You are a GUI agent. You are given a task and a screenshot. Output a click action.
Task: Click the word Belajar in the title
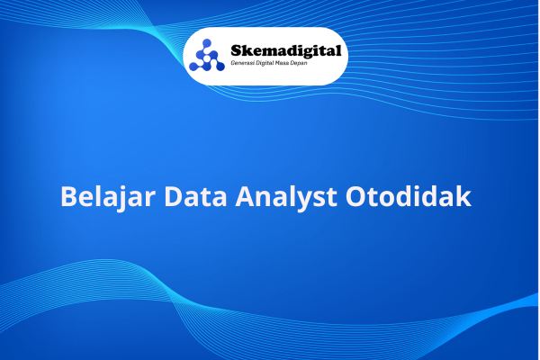tap(108, 197)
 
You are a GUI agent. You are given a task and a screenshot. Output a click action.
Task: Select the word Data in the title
tap(195, 196)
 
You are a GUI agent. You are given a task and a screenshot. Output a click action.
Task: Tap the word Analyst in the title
tap(286, 197)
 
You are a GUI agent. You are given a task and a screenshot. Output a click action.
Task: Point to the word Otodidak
tap(409, 196)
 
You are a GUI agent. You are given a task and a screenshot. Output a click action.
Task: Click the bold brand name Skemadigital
tap(286, 51)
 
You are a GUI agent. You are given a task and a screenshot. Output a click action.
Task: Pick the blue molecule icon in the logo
tap(207, 55)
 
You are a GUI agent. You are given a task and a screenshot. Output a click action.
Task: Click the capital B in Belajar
tap(68, 197)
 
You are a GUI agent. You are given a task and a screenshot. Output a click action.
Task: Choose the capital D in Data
tap(173, 197)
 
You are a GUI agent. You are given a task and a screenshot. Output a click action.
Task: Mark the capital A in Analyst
tap(245, 197)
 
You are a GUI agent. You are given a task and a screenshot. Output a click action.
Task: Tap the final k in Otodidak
tap(463, 196)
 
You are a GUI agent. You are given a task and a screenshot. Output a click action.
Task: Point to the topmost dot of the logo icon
tap(207, 43)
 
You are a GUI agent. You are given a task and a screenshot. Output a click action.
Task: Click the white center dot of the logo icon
tap(207, 58)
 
